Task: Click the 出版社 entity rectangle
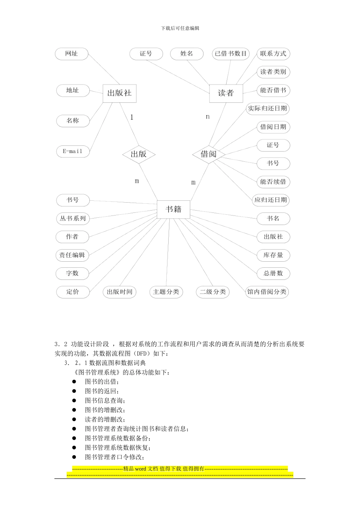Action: pyautogui.click(x=119, y=93)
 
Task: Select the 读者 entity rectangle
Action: pyautogui.click(x=226, y=93)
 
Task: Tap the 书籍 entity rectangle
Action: pyautogui.click(x=174, y=209)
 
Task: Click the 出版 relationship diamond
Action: pyautogui.click(x=139, y=154)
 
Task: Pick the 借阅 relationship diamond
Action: pyautogui.click(x=208, y=154)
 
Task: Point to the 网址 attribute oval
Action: pyautogui.click(x=72, y=54)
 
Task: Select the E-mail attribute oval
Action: pyautogui.click(x=72, y=151)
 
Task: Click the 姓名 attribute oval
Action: pyautogui.click(x=187, y=54)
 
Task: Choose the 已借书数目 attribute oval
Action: pyautogui.click(x=231, y=54)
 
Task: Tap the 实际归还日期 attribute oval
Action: pyautogui.click(x=268, y=109)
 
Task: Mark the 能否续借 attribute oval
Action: pyautogui.click(x=273, y=182)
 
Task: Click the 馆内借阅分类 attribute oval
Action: pyautogui.click(x=267, y=292)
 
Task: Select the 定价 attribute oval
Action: pyautogui.click(x=73, y=292)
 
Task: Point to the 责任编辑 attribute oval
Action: pyautogui.click(x=72, y=255)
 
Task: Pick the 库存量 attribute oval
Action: pyautogui.click(x=273, y=255)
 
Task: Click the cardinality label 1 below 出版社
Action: pyautogui.click(x=132, y=117)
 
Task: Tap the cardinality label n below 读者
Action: pyautogui.click(x=208, y=117)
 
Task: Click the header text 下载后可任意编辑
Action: pyautogui.click(x=180, y=28)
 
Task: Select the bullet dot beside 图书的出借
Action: pyautogui.click(x=74, y=382)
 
